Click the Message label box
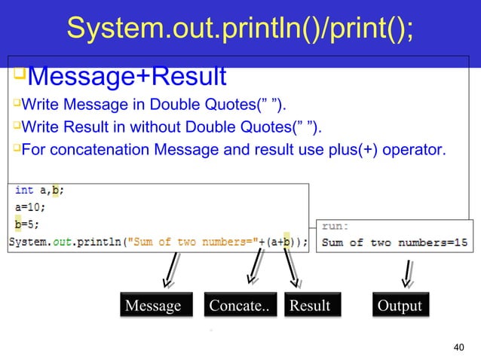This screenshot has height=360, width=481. (154, 305)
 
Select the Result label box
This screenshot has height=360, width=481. (310, 305)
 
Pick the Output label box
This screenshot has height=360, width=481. (400, 305)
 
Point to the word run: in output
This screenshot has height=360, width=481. (335, 224)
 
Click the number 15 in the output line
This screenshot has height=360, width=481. (460, 242)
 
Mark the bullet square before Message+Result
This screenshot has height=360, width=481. (19, 74)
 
